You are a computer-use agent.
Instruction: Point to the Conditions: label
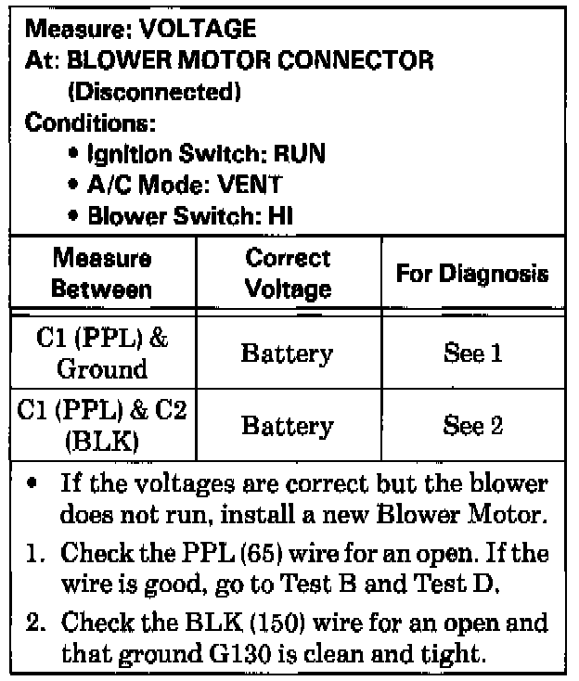[x=90, y=122]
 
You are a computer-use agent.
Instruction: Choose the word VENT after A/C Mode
[x=250, y=186]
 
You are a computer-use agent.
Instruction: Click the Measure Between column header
[x=102, y=273]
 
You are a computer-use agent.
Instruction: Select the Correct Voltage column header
[x=288, y=273]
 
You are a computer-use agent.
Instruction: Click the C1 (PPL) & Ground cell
[x=102, y=353]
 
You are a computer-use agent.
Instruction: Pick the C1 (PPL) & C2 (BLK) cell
[x=101, y=426]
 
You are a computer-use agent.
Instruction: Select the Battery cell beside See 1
[x=287, y=353]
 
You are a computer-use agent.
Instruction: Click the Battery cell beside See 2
[x=287, y=426]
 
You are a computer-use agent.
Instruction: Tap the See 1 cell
[x=473, y=353]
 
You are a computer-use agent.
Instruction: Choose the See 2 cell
[x=473, y=426]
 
